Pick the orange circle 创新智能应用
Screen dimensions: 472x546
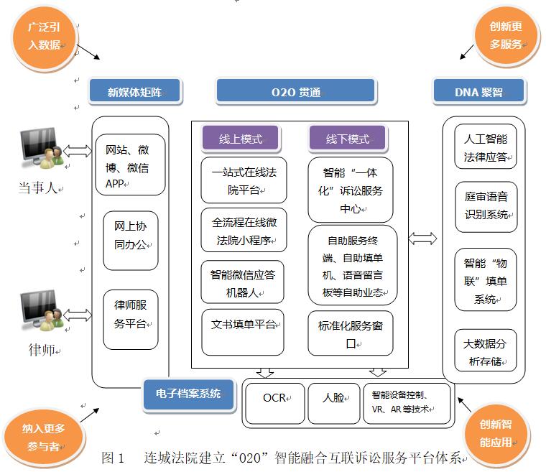click(x=501, y=432)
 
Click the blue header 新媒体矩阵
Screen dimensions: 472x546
click(x=135, y=91)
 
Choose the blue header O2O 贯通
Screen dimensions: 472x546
click(x=295, y=91)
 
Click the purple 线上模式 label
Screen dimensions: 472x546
click(x=241, y=139)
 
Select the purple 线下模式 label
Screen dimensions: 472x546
click(x=348, y=139)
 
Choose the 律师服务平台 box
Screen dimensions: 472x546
click(x=130, y=313)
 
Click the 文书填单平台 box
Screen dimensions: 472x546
click(x=243, y=330)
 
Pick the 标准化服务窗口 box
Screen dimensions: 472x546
click(x=351, y=333)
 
